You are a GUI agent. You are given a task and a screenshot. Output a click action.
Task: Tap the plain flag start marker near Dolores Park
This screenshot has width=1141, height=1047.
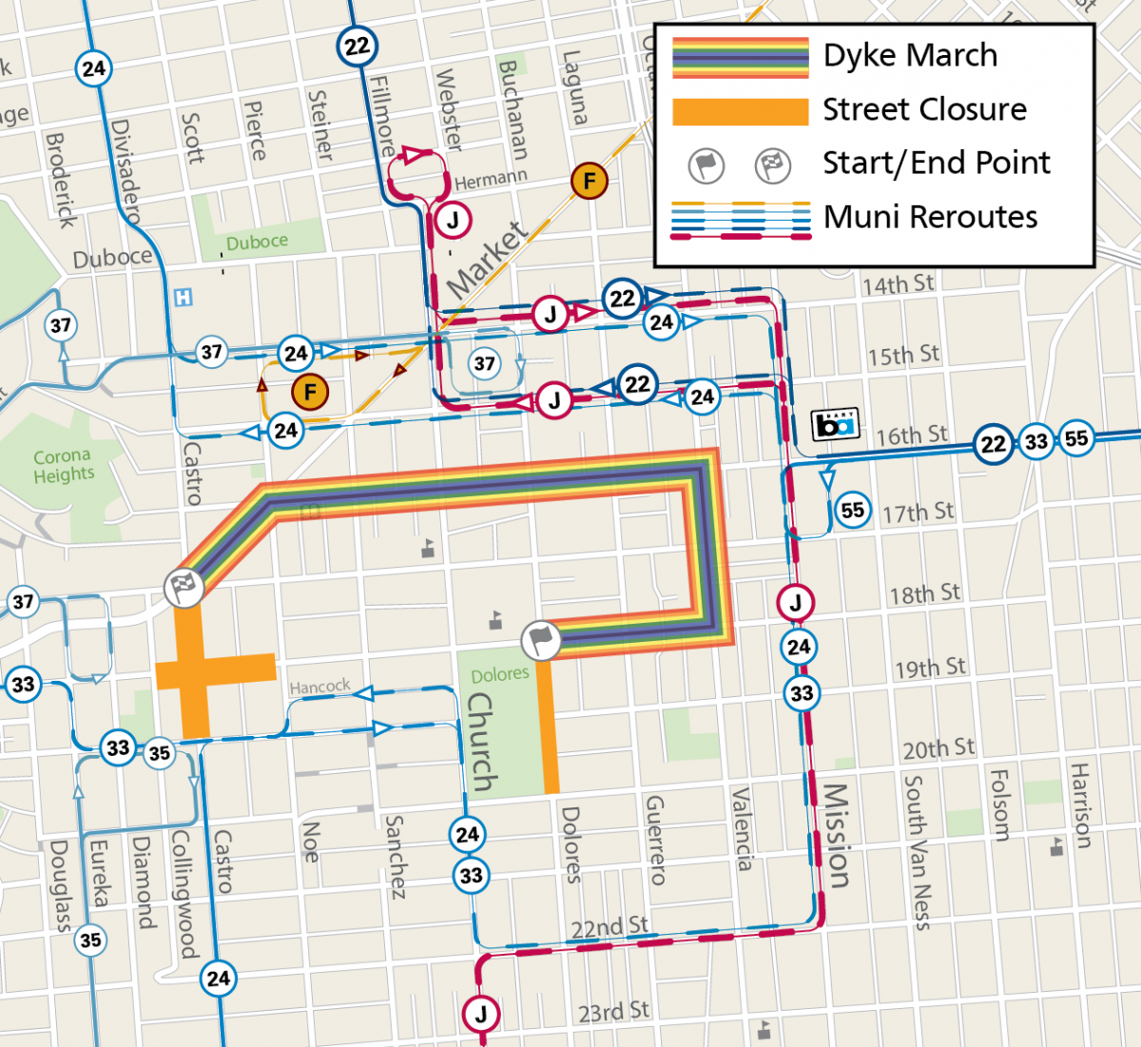click(541, 641)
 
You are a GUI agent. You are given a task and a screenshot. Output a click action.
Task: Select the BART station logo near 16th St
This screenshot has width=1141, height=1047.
click(835, 424)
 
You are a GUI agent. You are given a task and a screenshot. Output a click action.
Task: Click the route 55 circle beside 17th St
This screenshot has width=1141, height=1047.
click(853, 511)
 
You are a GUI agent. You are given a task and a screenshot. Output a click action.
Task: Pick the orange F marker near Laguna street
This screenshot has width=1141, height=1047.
click(590, 181)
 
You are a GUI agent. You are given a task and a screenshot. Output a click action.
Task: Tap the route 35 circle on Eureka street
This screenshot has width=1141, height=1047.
click(90, 940)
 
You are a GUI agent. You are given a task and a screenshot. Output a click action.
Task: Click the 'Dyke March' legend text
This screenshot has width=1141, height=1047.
click(910, 55)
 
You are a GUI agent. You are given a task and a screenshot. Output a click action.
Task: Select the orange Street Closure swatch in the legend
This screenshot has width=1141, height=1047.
click(740, 110)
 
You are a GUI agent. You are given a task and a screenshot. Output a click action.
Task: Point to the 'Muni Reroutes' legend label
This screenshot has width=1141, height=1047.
click(930, 217)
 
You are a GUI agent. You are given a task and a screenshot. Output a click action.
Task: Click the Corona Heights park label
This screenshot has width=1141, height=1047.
click(63, 465)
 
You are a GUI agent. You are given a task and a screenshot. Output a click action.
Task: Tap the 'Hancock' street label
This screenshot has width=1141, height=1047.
click(319, 686)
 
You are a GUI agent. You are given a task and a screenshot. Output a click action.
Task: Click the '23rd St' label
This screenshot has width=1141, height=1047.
click(613, 1011)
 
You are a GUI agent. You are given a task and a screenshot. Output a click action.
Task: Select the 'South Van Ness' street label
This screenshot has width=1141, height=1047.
click(915, 851)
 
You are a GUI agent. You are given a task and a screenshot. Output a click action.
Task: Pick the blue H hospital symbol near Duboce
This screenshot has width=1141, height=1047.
click(183, 298)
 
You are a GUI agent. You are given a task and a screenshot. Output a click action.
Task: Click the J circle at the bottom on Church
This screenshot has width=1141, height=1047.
click(481, 1014)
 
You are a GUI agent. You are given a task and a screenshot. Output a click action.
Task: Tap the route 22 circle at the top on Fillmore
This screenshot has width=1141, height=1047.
click(357, 46)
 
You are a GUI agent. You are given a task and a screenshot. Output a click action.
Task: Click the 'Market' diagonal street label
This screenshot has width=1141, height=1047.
click(486, 259)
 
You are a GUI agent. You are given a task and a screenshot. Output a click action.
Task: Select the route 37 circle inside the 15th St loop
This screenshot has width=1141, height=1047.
click(485, 363)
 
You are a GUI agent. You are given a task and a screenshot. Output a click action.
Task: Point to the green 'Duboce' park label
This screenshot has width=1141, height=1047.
click(256, 242)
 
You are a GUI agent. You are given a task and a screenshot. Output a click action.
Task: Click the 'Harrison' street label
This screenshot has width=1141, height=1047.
click(1081, 805)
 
